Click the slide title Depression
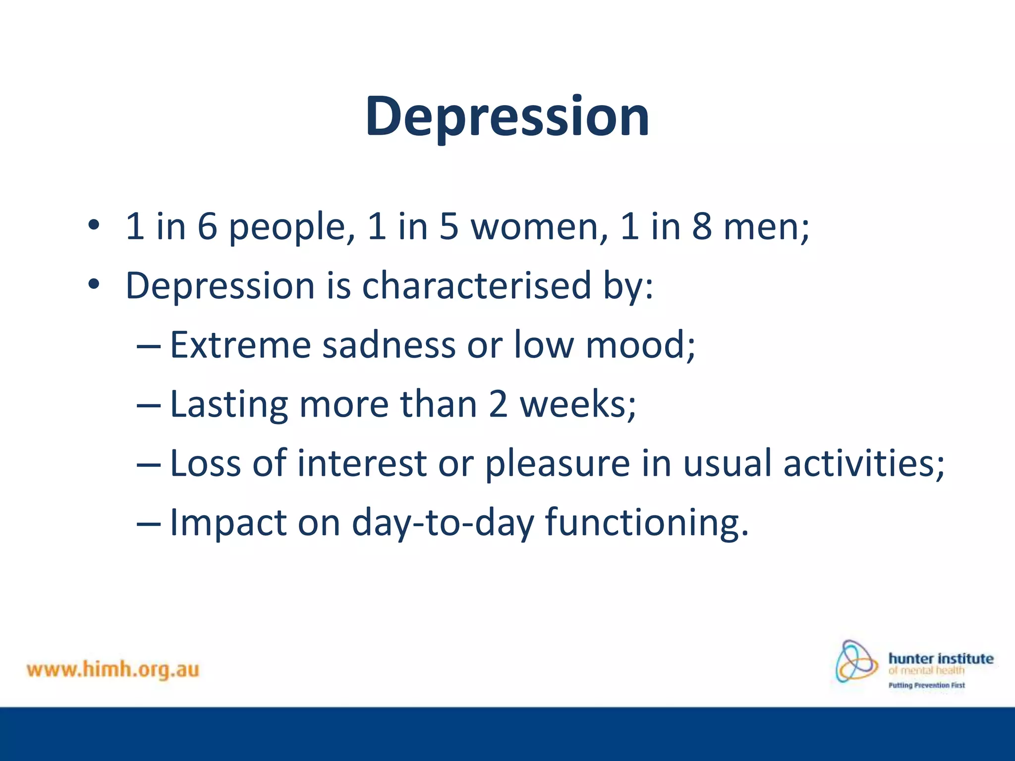point(507,117)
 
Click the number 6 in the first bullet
point(207,226)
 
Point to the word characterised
point(476,286)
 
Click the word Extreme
point(240,345)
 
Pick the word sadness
point(389,345)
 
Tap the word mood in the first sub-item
point(636,345)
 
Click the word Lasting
point(229,404)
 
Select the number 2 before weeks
point(498,404)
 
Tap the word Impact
point(228,523)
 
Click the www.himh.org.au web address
point(113,670)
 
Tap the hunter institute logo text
point(941,659)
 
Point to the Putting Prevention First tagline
point(926,686)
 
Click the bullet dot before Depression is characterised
point(94,285)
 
